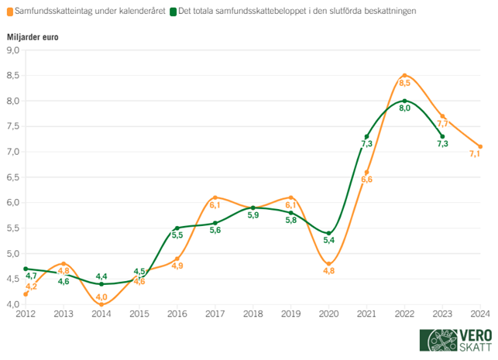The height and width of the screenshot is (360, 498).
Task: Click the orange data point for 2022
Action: pos(404,76)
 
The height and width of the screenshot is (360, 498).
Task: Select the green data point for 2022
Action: pos(404,101)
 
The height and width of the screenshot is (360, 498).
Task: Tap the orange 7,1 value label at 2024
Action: pos(475,154)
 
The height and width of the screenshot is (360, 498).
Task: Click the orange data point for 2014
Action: pos(101,304)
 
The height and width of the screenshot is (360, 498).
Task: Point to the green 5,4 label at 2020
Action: pos(328,241)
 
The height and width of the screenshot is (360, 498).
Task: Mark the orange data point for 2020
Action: pos(328,264)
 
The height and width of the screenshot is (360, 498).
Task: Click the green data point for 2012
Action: pos(26,269)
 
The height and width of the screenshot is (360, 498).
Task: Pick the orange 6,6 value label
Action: pos(366,180)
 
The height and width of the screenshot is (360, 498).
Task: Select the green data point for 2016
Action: pos(177,228)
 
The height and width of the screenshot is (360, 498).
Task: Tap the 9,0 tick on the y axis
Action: pos(13,50)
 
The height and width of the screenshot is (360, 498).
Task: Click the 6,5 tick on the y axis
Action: pos(13,177)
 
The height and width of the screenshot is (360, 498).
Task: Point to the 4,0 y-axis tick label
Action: pos(13,304)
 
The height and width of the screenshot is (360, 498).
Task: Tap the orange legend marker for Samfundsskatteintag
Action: pos(9,12)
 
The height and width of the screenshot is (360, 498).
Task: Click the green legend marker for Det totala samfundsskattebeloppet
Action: pos(173,12)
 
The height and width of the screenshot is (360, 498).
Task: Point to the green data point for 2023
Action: pos(442,136)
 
